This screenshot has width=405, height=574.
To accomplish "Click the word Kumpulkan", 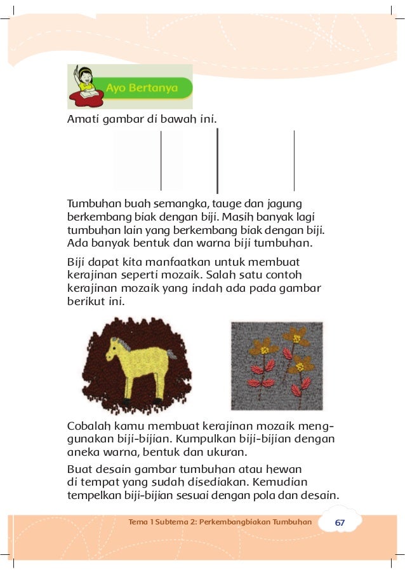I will (210, 439).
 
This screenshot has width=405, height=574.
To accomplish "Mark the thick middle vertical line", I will (218, 160).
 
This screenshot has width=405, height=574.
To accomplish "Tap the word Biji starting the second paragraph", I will (77, 262).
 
